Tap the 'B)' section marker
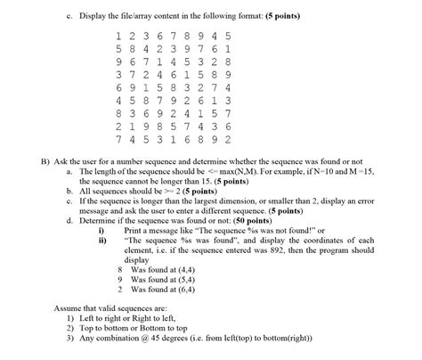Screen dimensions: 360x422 tap(46, 161)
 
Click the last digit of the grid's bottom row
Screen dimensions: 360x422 tap(229, 140)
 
